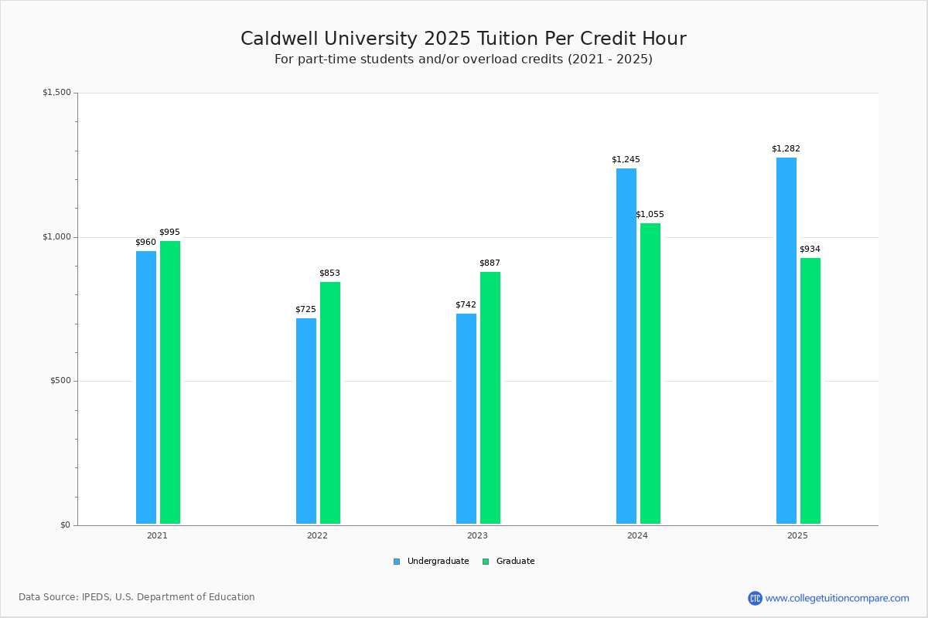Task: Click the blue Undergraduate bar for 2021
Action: coord(146,387)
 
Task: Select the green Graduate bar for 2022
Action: coord(330,402)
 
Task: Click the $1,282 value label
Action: coord(786,149)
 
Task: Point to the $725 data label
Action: coord(305,310)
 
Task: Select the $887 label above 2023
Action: coord(490,263)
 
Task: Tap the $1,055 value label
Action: coord(650,215)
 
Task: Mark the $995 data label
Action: coord(169,233)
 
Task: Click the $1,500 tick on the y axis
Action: coord(56,93)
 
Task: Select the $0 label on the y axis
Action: coord(65,525)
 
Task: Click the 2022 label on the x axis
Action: coord(317,535)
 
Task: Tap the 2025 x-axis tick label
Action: coord(797,535)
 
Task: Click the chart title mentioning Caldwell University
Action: coord(463,39)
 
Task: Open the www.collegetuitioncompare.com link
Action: coord(837,598)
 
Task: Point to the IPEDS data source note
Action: coord(137,597)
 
